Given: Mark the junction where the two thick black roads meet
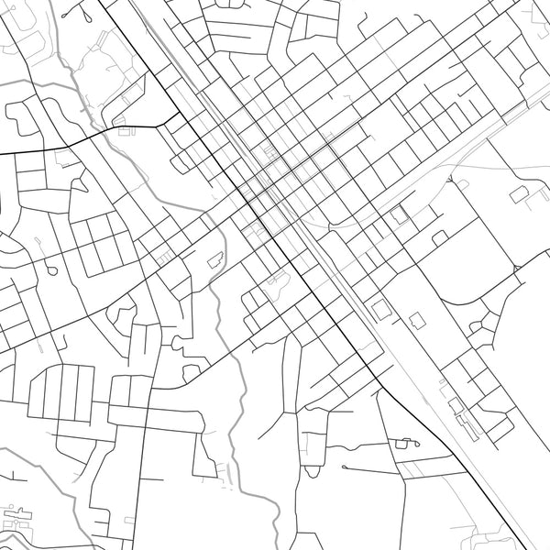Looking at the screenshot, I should [179, 119].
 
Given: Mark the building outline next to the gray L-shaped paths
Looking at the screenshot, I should [521, 193].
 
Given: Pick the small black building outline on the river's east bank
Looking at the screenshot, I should [217, 259].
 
